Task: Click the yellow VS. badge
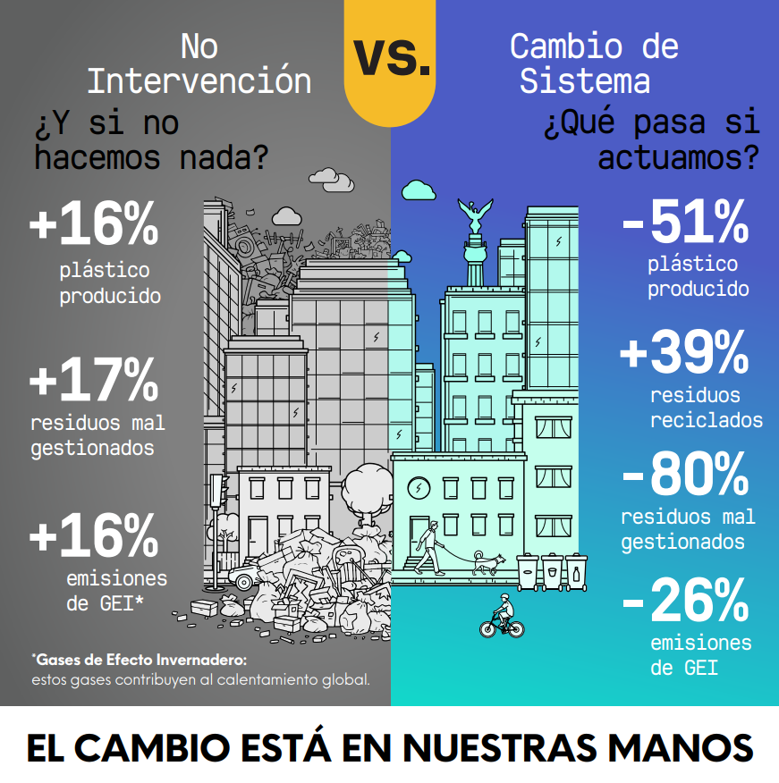click(x=390, y=57)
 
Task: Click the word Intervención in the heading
click(x=199, y=81)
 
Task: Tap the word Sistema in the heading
click(x=584, y=81)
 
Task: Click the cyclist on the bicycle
click(x=502, y=616)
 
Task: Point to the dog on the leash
click(x=487, y=562)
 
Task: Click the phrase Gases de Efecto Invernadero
click(x=139, y=660)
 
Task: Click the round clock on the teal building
click(x=418, y=489)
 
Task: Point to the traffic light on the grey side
click(x=216, y=489)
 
